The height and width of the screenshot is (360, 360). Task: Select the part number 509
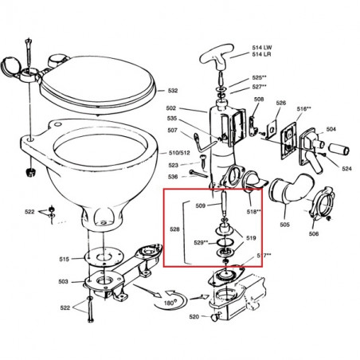(201, 206)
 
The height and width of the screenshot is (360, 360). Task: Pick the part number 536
(174, 176)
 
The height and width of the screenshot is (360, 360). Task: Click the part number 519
(251, 237)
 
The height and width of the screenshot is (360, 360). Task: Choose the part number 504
(331, 128)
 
